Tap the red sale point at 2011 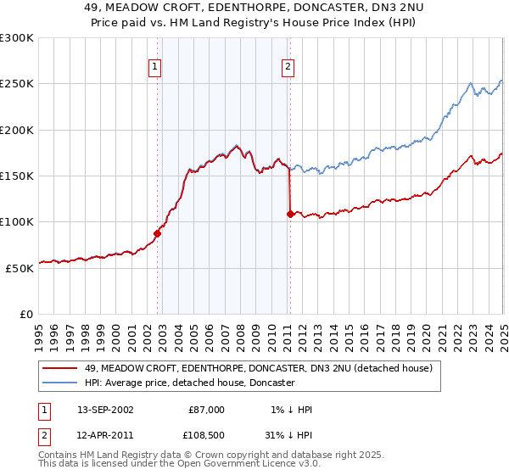[290, 214]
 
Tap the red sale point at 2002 [157, 233]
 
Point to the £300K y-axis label [16, 38]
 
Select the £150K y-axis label [16, 176]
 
